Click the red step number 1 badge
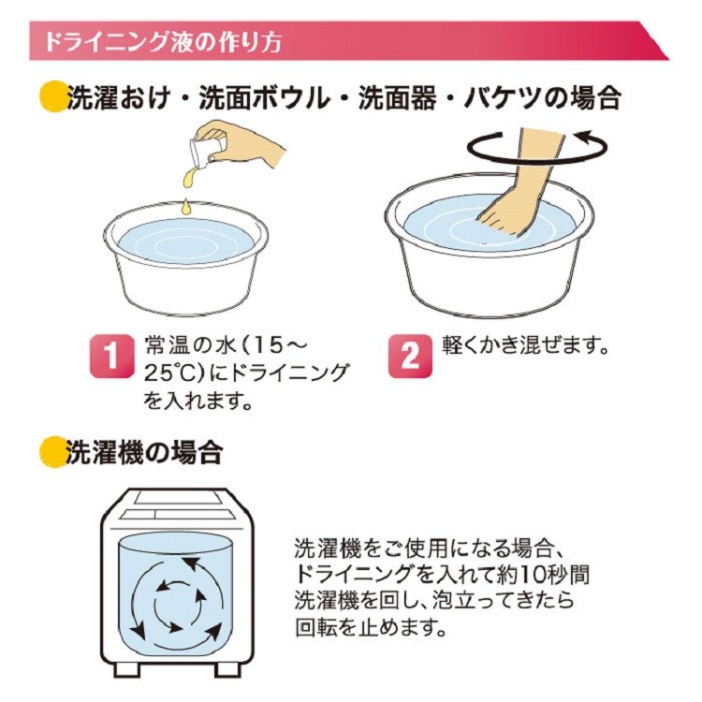(112, 356)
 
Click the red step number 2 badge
(410, 357)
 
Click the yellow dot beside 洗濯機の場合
(53, 453)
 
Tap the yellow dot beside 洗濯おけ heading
(53, 96)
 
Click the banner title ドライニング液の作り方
(163, 41)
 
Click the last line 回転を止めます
(372, 628)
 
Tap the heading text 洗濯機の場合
(144, 453)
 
